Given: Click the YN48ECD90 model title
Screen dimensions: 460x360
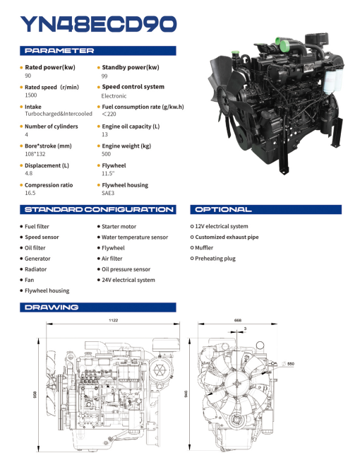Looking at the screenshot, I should tap(98, 25).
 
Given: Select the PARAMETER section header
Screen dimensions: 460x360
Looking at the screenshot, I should tap(60, 51).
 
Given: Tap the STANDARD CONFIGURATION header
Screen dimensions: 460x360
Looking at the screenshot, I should tap(98, 210).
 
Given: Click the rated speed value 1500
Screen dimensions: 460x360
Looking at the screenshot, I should tap(31, 95).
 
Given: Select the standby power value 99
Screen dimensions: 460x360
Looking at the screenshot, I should tap(104, 76).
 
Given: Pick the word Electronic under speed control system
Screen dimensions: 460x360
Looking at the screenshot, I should tap(114, 95).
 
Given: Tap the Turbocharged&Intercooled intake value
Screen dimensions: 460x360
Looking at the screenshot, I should tap(58, 114).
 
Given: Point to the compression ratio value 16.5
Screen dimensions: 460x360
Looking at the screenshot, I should tap(30, 192).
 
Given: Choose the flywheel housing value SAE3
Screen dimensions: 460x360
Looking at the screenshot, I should tap(108, 192).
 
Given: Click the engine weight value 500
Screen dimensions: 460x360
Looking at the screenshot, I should tap(106, 153).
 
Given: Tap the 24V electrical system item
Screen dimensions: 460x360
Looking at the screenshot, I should tap(128, 280).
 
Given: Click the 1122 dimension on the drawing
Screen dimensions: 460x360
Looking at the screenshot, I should tap(113, 320).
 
